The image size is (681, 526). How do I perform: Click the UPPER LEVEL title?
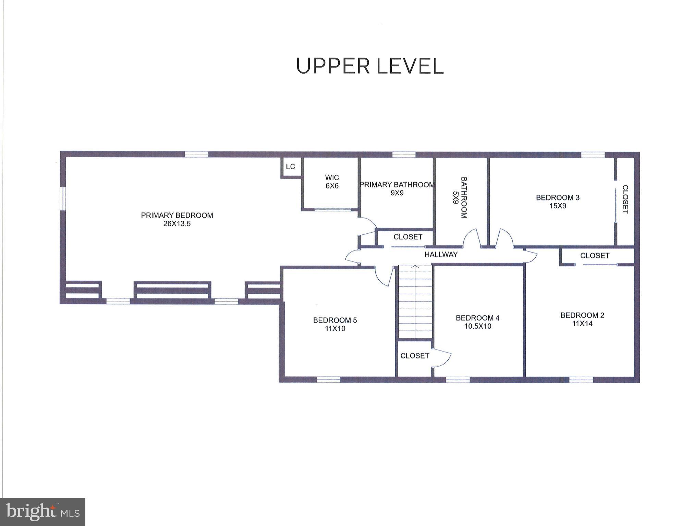[369, 66]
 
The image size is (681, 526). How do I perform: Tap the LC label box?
[291, 167]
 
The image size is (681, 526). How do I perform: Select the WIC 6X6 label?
[332, 182]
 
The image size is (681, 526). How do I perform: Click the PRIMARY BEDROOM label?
[177, 215]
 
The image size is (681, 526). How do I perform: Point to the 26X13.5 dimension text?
[177, 224]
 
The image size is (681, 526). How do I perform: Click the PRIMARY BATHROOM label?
[397, 185]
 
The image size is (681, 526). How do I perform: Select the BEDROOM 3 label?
[558, 197]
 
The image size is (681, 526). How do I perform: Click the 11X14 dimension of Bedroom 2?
[582, 323]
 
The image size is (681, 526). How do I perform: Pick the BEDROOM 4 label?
[477, 318]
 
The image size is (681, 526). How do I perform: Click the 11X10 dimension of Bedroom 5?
[335, 329]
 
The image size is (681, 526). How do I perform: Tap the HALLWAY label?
[441, 255]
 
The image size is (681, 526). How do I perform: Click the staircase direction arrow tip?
[415, 266]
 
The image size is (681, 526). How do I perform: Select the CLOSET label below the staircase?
[415, 356]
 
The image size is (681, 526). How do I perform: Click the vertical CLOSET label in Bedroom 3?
[625, 199]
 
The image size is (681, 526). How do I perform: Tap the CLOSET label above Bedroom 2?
[595, 256]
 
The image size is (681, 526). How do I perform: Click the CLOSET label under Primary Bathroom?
[408, 237]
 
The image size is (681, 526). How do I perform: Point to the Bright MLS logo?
[42, 512]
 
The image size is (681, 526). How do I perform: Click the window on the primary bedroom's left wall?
[63, 198]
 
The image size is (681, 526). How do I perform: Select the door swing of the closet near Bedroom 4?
[443, 358]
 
